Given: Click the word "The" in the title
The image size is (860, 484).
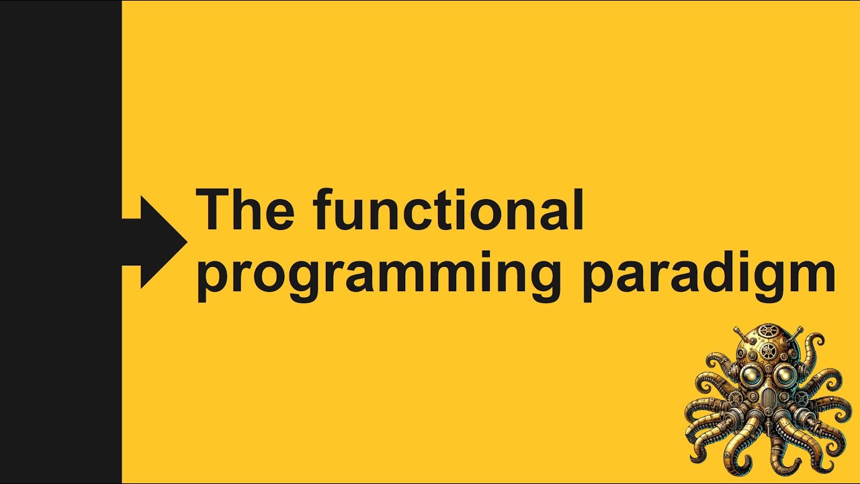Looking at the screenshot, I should (x=245, y=210).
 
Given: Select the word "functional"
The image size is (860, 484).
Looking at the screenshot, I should (x=448, y=210).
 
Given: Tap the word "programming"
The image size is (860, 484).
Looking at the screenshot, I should (x=378, y=274).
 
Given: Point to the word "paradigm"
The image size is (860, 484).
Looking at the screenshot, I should (x=708, y=274).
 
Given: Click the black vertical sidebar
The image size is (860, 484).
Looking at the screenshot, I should (x=60, y=242).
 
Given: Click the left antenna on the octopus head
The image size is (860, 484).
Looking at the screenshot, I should (x=737, y=331).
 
